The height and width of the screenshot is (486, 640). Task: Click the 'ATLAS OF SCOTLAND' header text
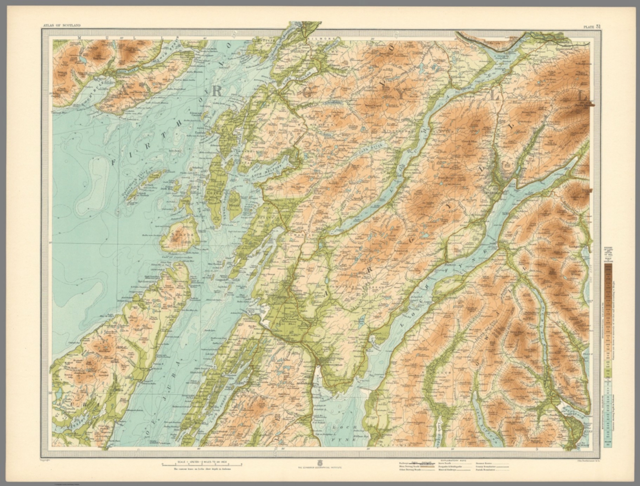pyautogui.click(x=62, y=26)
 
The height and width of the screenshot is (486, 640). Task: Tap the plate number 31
pyautogui.click(x=592, y=26)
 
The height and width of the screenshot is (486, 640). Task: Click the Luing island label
pyautogui.click(x=215, y=194)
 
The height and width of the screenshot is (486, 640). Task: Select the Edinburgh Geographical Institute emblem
pyautogui.click(x=320, y=463)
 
